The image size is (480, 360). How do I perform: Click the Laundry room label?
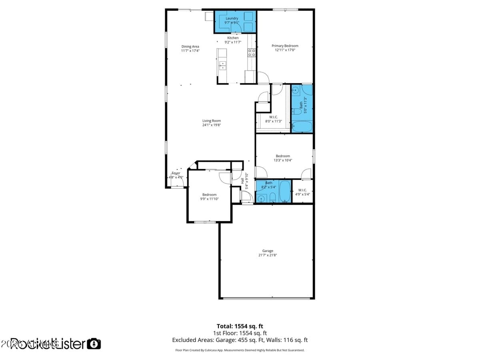[x=232, y=18]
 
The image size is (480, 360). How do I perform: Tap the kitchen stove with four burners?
[x=252, y=52]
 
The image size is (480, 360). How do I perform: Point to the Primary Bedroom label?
[x=285, y=46]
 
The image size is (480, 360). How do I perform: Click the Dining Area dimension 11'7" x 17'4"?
[x=190, y=51]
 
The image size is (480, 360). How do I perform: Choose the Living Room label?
[x=211, y=121]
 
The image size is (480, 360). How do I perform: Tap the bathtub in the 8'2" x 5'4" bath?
[x=284, y=191]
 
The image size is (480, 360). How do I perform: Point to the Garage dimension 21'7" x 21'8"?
[x=268, y=255]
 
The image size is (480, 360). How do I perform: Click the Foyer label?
[x=176, y=173]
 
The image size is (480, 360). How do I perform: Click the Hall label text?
[x=242, y=181]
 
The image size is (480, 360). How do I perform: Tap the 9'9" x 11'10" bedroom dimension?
[x=209, y=199]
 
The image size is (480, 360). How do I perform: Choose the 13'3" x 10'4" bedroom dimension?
[x=283, y=160]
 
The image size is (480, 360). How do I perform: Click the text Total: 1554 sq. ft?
[x=240, y=326]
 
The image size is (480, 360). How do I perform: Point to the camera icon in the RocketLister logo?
[x=94, y=344]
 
